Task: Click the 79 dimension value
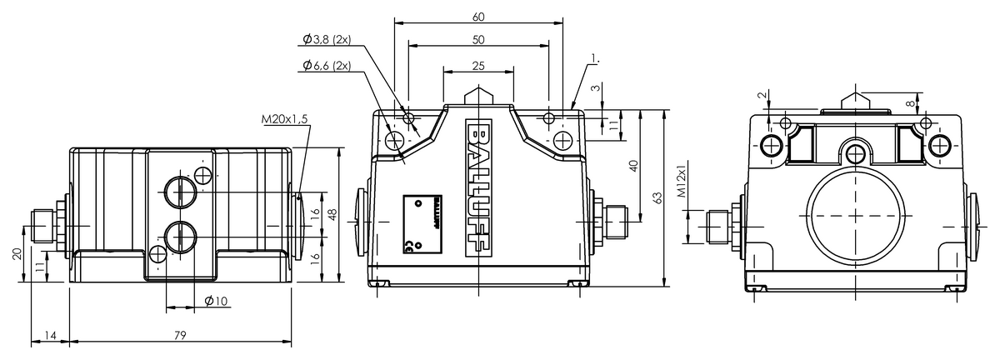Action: [180, 335]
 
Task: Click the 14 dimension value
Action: [50, 335]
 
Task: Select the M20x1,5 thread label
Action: [284, 120]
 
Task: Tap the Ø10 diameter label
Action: [216, 300]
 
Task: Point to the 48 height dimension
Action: [332, 214]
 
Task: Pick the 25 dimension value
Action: [477, 65]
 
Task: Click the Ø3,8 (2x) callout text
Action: [326, 38]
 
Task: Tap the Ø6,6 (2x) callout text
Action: [326, 65]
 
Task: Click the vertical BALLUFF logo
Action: [479, 187]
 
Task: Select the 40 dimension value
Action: [633, 165]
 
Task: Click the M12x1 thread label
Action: [681, 182]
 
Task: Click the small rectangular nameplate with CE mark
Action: [422, 222]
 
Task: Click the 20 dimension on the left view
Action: [17, 254]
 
